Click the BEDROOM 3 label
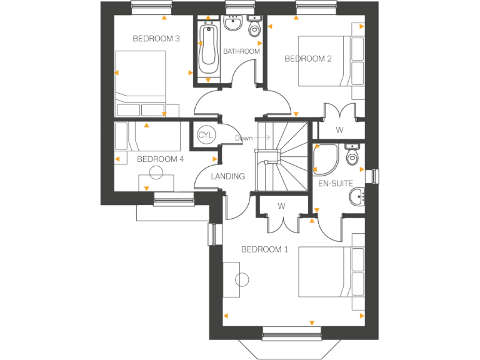click(156, 39)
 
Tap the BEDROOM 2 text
click(307, 59)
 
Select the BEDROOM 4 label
click(160, 159)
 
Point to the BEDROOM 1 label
click(264, 249)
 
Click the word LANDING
click(227, 176)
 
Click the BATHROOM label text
click(241, 51)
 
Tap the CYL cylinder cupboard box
click(205, 136)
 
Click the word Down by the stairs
click(242, 138)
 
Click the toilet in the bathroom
click(254, 28)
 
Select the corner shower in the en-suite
click(326, 158)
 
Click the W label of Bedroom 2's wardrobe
click(339, 130)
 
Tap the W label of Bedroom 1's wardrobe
click(282, 206)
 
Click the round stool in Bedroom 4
click(156, 173)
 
